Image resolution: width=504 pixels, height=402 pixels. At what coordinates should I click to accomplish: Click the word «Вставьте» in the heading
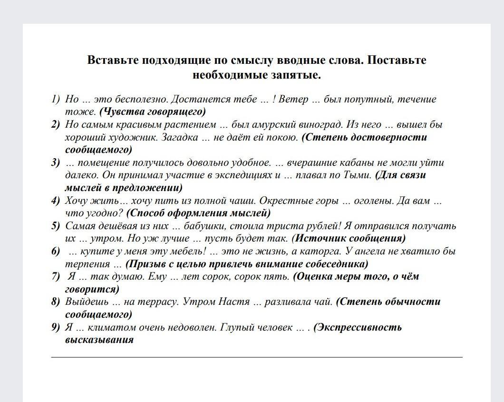113,60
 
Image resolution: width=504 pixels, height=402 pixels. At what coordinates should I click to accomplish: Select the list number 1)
56,100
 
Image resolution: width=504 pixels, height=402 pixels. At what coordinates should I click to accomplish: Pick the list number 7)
56,276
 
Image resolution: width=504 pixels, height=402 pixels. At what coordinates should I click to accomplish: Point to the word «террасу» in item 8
157,301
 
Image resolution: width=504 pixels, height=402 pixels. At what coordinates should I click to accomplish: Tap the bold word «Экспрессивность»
359,327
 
